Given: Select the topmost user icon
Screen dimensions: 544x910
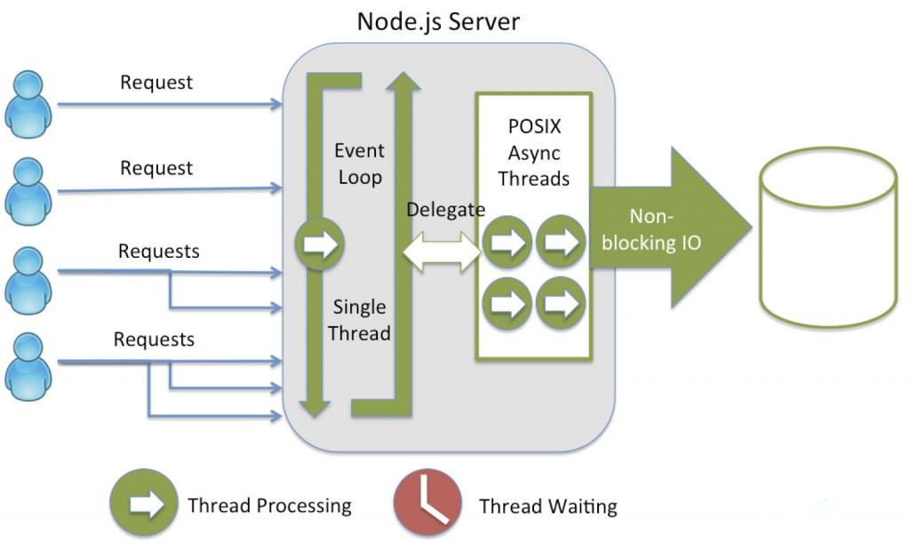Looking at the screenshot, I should click(28, 105).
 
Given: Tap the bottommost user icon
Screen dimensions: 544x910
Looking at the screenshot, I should click(28, 364).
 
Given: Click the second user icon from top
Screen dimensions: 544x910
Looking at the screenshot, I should click(28, 190).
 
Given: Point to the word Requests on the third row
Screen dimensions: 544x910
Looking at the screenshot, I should click(159, 252).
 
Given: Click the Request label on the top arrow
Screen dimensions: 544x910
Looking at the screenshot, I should click(156, 83).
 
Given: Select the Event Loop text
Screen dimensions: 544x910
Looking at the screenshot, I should click(359, 164).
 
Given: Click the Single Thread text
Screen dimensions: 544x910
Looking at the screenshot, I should click(361, 320).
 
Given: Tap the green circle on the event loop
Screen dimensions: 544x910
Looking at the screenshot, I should click(318, 244).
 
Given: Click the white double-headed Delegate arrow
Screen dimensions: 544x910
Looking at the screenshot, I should click(442, 252).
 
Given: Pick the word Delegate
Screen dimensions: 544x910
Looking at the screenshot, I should click(446, 210).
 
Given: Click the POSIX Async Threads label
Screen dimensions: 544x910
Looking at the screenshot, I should click(533, 153).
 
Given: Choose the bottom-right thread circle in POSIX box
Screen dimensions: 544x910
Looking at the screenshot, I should click(561, 303).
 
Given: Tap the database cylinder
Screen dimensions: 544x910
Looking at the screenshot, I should click(827, 237).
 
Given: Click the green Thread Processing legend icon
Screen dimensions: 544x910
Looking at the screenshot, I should click(144, 503).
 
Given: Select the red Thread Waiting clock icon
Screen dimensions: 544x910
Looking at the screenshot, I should click(427, 503).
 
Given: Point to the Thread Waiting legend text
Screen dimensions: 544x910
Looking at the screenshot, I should click(547, 507).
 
